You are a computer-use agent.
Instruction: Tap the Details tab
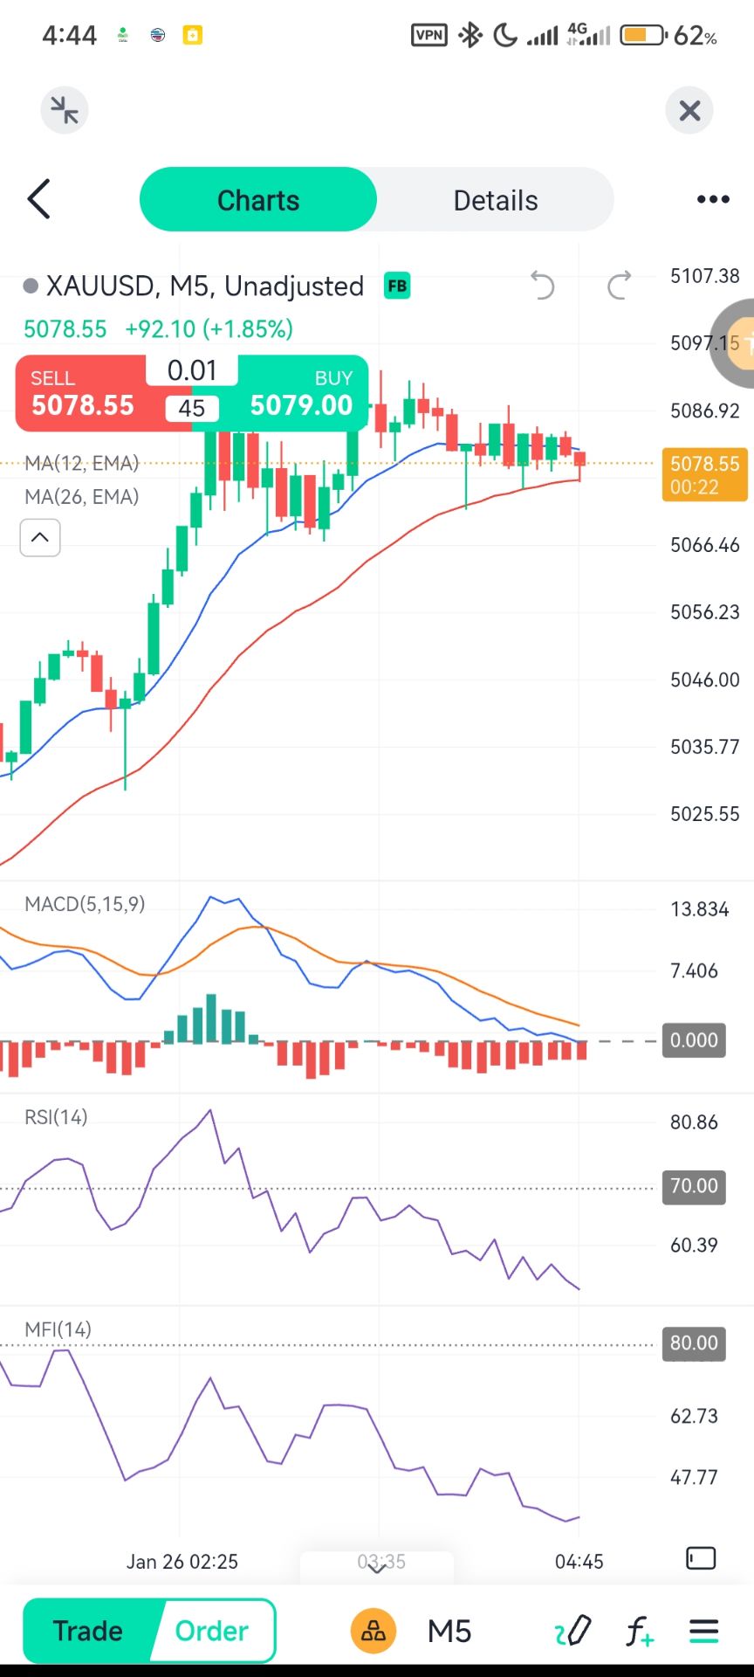(x=495, y=200)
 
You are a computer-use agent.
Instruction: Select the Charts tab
(x=258, y=200)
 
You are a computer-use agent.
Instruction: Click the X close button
(x=689, y=111)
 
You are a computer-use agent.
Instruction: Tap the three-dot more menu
(x=713, y=200)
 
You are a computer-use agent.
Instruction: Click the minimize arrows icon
(x=65, y=111)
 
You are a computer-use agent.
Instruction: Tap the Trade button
(x=88, y=1631)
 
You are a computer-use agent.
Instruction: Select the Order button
(x=212, y=1631)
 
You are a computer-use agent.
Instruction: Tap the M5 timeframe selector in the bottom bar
(x=449, y=1631)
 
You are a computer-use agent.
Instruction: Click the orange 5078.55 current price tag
(x=704, y=474)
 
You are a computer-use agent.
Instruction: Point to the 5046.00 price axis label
(x=704, y=680)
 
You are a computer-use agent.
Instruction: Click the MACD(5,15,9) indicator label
(x=85, y=904)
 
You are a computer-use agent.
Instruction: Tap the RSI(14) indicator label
(x=56, y=1117)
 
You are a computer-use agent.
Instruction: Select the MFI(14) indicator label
(x=58, y=1329)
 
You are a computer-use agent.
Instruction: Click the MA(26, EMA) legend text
(x=82, y=497)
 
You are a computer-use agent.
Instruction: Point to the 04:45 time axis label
(x=579, y=1561)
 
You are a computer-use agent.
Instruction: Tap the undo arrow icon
(x=543, y=286)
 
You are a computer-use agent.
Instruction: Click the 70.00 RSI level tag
(x=694, y=1186)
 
